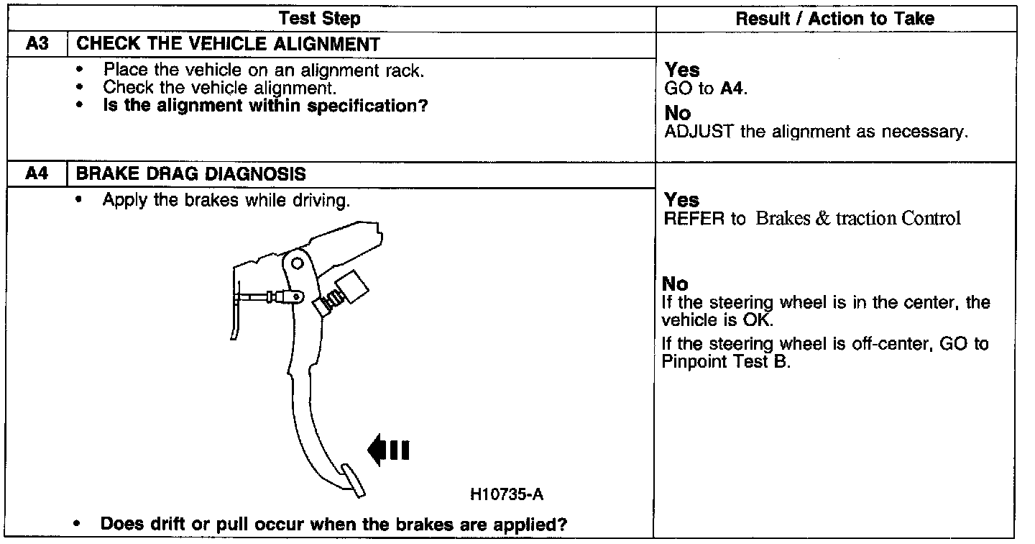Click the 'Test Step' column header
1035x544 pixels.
(319, 19)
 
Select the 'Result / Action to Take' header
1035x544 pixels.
(835, 19)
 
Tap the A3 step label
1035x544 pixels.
(36, 44)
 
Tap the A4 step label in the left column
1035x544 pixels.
(36, 174)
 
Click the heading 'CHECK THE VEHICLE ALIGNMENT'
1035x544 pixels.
(228, 44)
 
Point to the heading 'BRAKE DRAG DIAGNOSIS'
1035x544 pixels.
(190, 174)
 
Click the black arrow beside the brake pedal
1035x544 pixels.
(388, 450)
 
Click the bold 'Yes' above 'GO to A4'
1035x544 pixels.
(682, 70)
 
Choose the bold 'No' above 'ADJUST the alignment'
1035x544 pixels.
(678, 114)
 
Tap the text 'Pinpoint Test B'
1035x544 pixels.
(725, 362)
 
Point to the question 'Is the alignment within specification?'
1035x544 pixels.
(265, 106)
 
